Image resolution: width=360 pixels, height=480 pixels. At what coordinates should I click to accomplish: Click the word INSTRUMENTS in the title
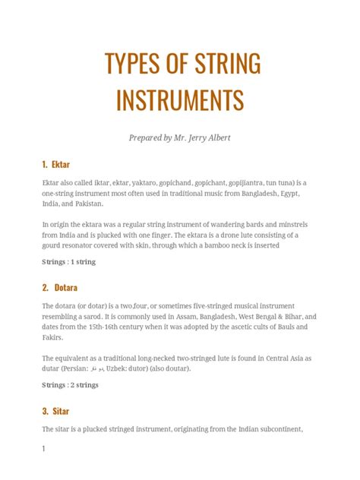pyautogui.click(x=180, y=99)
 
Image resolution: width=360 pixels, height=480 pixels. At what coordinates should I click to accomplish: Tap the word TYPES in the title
pyautogui.click(x=128, y=66)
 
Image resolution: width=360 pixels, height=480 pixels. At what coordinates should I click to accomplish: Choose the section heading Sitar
pyautogui.click(x=63, y=411)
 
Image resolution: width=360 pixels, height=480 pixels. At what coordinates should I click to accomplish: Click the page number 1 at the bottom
pyautogui.click(x=44, y=450)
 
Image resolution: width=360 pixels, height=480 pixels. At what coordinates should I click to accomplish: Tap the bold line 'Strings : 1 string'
pyautogui.click(x=68, y=262)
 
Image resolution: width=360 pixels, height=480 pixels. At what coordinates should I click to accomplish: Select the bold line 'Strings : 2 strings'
pyautogui.click(x=70, y=385)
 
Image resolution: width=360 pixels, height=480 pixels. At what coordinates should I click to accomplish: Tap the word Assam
pyautogui.click(x=187, y=317)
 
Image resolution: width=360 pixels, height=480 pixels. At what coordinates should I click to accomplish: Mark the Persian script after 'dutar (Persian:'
pyautogui.click(x=96, y=368)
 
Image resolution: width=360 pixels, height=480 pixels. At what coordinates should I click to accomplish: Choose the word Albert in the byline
pyautogui.click(x=238, y=137)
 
